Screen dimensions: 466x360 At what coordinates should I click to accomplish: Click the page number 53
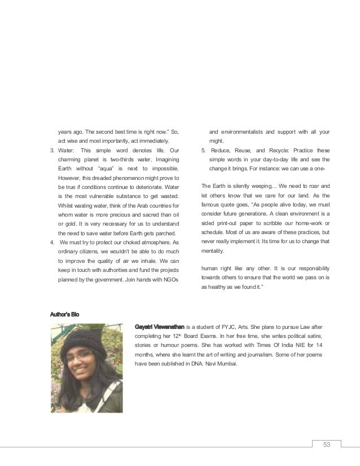tap(326, 443)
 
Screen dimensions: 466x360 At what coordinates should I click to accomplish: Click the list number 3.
tap(51, 151)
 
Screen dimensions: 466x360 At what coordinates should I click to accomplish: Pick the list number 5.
tap(204, 151)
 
